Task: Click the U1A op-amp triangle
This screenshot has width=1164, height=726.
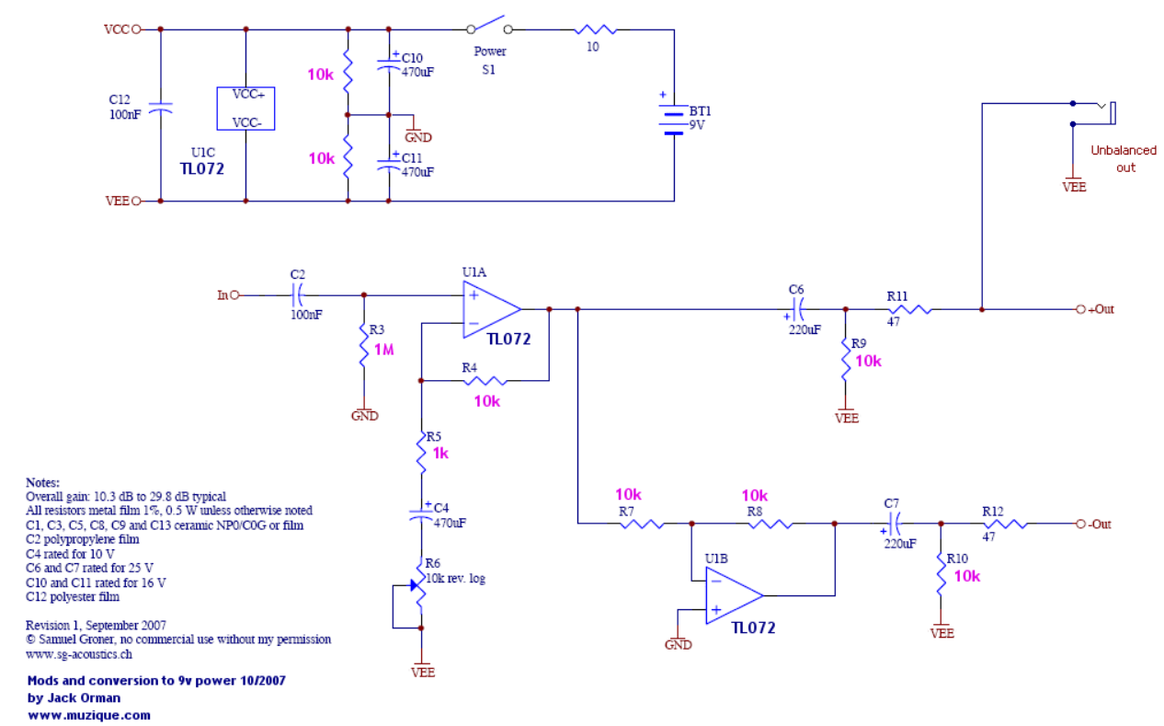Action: [492, 309]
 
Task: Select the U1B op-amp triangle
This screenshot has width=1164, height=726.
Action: [733, 594]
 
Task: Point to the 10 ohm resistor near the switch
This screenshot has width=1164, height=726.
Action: [593, 29]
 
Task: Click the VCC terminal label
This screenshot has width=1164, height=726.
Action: [118, 29]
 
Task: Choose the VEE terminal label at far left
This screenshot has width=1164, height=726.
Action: [118, 200]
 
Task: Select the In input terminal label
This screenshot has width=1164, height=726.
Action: [222, 294]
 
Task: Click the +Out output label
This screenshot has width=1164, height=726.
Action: [1100, 309]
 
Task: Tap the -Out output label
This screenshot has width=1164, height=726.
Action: [1099, 524]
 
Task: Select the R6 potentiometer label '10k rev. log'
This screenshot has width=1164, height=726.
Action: [456, 578]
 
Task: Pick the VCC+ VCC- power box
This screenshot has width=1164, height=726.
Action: [245, 109]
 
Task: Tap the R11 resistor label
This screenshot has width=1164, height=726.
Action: [897, 295]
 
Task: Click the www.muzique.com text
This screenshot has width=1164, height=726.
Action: [89, 714]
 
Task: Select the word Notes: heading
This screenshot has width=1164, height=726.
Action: [42, 482]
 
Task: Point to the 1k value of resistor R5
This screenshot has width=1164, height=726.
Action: [440, 453]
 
